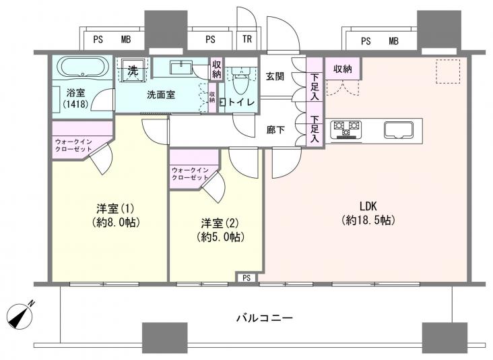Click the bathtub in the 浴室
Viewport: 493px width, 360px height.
point(81,69)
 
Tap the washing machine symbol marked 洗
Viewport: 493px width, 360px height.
point(133,69)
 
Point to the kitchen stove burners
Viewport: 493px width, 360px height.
point(346,128)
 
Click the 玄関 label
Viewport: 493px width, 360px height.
point(275,76)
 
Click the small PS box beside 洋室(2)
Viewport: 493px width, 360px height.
point(246,277)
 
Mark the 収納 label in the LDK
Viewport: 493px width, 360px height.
point(342,69)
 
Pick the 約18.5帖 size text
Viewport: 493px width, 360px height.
point(367,220)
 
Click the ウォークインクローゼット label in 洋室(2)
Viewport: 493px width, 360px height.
point(190,173)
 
